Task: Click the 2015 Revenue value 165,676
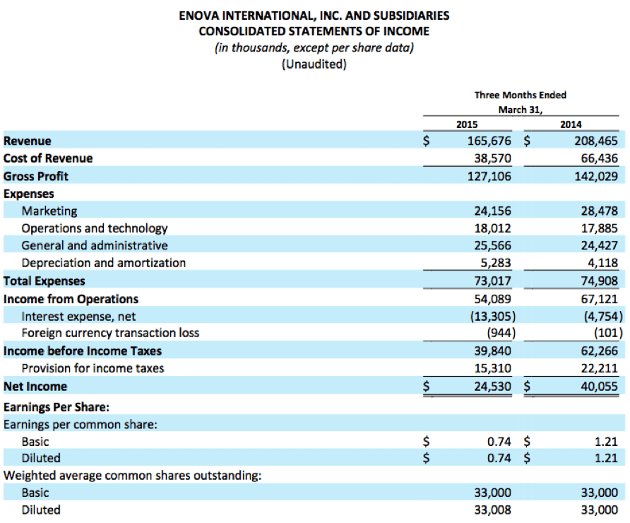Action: point(489,141)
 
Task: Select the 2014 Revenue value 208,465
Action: point(596,141)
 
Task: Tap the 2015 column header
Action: point(467,124)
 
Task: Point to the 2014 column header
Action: point(571,124)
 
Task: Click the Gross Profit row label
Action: point(36,176)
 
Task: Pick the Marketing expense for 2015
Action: point(492,211)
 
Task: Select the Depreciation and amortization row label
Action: point(104,263)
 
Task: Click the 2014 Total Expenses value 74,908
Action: point(599,281)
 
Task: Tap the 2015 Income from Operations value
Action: point(492,299)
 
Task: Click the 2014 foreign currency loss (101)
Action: point(608,333)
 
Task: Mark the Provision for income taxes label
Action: point(93,368)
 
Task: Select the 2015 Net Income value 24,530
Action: point(492,387)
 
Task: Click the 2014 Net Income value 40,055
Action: point(599,387)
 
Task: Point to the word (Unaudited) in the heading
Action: point(314,64)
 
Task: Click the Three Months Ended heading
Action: point(520,95)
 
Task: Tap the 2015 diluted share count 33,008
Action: point(492,510)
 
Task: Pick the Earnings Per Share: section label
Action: point(57,407)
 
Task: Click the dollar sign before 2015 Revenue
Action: point(426,141)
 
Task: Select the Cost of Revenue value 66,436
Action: point(599,158)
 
